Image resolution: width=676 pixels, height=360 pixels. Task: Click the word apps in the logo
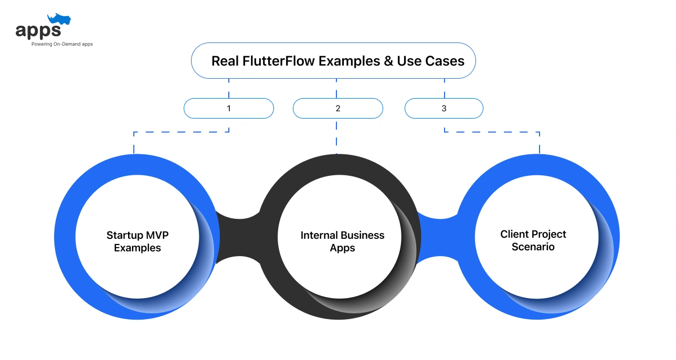(x=38, y=31)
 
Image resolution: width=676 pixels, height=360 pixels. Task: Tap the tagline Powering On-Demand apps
(x=62, y=44)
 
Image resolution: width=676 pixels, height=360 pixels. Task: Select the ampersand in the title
(x=388, y=61)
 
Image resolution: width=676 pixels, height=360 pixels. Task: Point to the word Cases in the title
(x=445, y=61)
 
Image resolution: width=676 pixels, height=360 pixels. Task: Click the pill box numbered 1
(x=229, y=109)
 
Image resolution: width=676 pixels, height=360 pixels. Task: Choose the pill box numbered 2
(x=337, y=109)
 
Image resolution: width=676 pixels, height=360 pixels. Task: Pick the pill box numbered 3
(x=443, y=109)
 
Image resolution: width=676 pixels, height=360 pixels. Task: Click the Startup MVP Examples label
(x=138, y=241)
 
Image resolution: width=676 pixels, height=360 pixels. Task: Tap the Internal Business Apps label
(x=342, y=241)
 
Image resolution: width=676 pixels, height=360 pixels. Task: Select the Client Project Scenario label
(x=533, y=240)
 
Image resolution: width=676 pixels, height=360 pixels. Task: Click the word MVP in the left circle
(x=156, y=235)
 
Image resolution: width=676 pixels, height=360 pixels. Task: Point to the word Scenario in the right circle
(x=533, y=247)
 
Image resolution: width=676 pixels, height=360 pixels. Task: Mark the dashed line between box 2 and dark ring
(x=336, y=136)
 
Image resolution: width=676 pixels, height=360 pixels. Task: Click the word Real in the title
(x=225, y=61)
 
